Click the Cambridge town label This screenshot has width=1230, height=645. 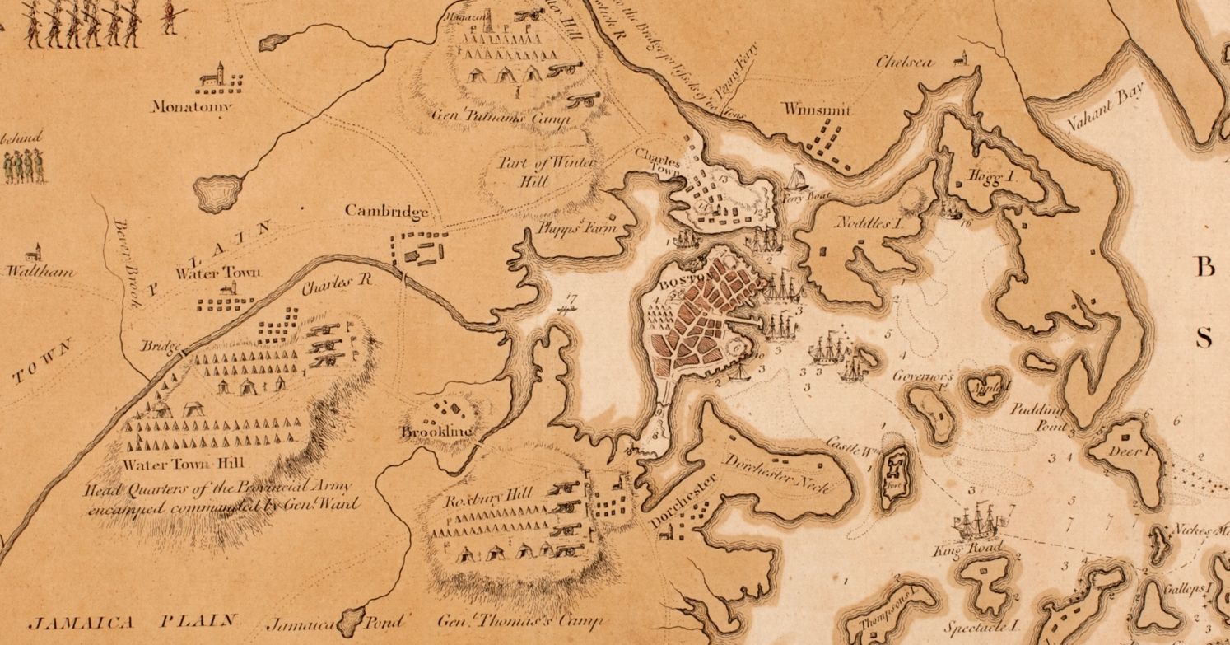pyautogui.click(x=386, y=212)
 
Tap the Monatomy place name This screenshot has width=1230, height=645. pyautogui.click(x=191, y=107)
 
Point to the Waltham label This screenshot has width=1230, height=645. pyautogui.click(x=40, y=271)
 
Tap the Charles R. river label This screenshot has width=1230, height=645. pyautogui.click(x=337, y=283)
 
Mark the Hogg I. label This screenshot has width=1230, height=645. pyautogui.click(x=985, y=177)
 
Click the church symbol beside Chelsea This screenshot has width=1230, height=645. pyautogui.click(x=958, y=58)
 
